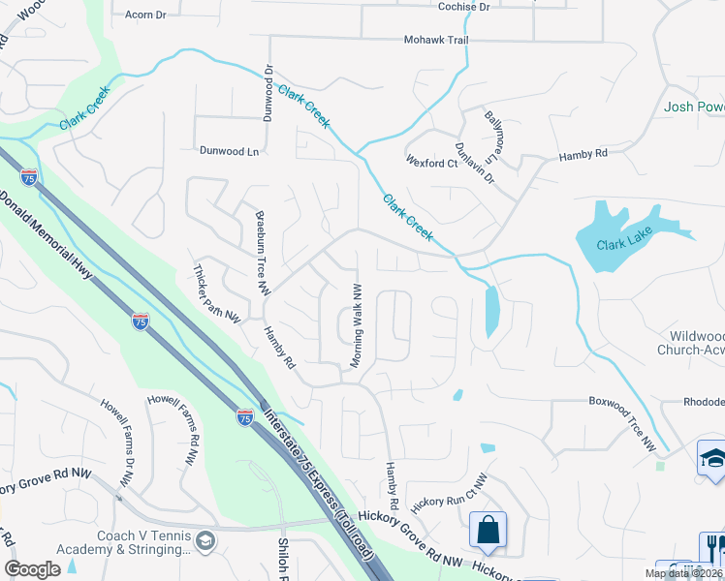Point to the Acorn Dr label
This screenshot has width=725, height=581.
pos(146,15)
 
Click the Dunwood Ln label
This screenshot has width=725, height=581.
pos(230,152)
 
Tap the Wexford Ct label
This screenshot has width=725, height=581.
pos(431,163)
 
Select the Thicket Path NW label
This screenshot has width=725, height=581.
pos(216,292)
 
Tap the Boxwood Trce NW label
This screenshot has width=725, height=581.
pos(622,423)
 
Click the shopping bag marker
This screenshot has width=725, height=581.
pos(488,530)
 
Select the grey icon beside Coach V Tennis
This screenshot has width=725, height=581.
pos(205,539)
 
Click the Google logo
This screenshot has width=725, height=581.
pos(33,569)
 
